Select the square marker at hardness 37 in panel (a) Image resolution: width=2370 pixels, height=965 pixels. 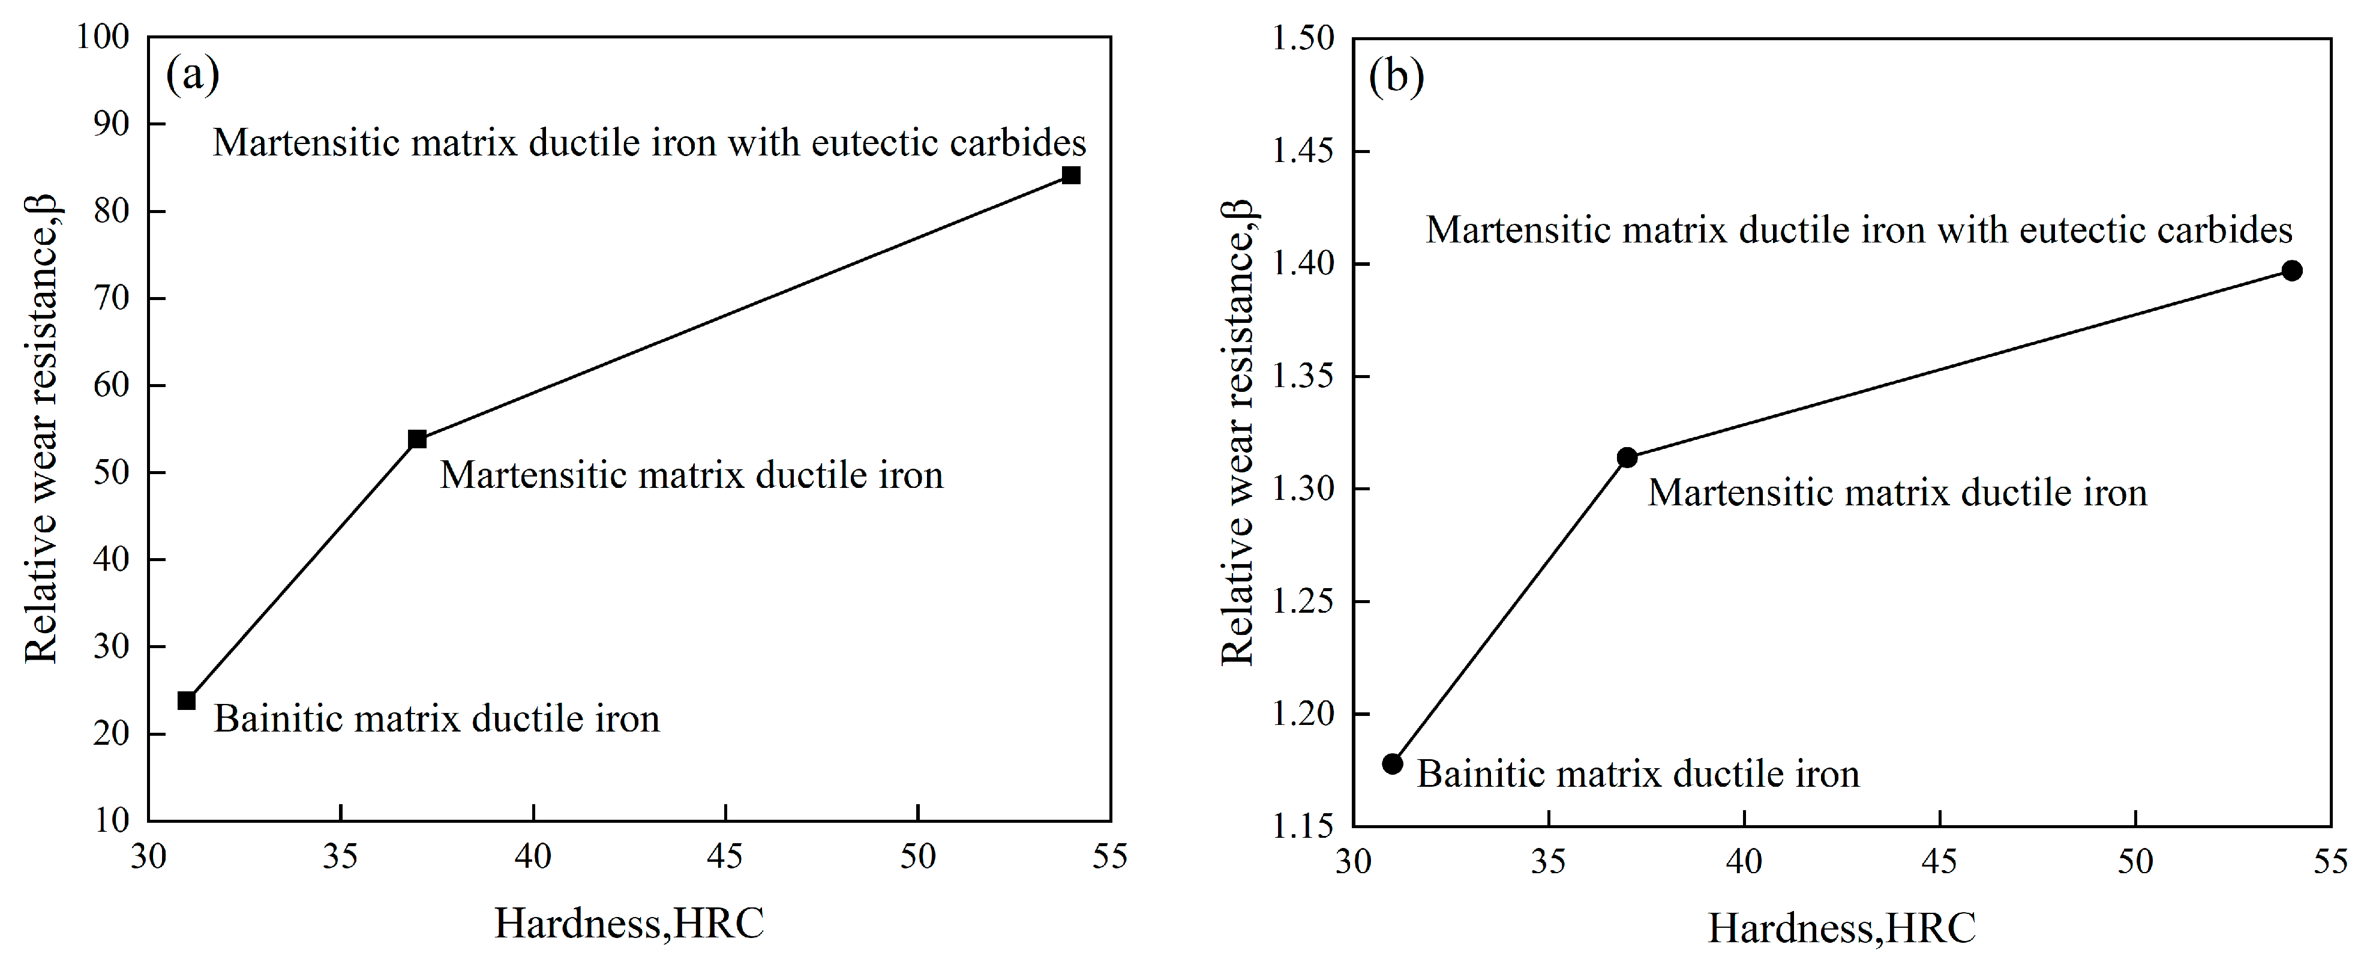pyautogui.click(x=417, y=439)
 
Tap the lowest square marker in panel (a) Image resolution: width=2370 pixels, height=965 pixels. pyautogui.click(x=187, y=701)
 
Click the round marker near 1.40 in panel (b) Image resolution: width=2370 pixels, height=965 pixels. pyautogui.click(x=2292, y=271)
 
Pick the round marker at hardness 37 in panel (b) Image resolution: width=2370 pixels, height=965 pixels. pyautogui.click(x=1627, y=457)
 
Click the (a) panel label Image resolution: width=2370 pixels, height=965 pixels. pyautogui.click(x=192, y=74)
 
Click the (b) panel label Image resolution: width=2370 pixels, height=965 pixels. pyautogui.click(x=1396, y=76)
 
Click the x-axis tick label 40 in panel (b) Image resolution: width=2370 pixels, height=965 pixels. pyautogui.click(x=1744, y=862)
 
